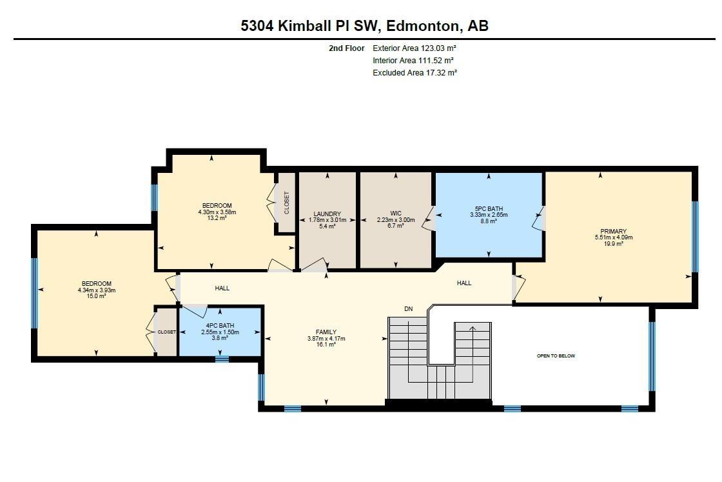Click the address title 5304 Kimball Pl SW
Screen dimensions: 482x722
coord(364,26)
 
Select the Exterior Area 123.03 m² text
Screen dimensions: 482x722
coord(415,48)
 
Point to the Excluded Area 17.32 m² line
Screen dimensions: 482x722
coord(415,73)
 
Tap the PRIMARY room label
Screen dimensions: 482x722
coord(613,232)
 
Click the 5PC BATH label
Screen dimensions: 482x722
coord(489,208)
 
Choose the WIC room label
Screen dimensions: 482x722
coord(396,213)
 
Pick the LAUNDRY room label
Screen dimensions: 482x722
coord(327,214)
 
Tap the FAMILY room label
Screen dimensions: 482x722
coord(326,332)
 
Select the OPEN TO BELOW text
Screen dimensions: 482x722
coord(556,356)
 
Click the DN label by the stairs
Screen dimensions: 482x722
coord(408,309)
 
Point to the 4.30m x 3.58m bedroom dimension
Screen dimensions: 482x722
coord(217,212)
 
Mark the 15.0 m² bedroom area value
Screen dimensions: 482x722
coord(96,297)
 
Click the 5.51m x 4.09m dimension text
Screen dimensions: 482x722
coord(613,237)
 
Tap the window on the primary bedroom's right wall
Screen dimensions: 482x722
coord(694,236)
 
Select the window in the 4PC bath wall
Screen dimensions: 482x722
coord(222,359)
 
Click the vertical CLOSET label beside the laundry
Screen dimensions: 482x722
coord(286,203)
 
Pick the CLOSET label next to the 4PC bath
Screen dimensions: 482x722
coord(166,332)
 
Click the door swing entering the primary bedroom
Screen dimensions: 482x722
coord(519,286)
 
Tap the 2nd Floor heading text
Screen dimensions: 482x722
coord(346,48)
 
